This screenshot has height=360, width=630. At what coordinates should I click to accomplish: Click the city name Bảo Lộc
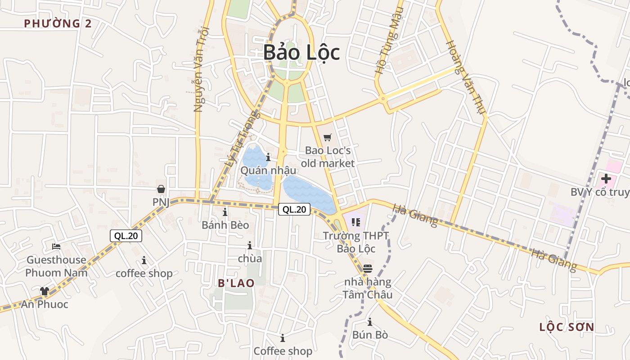point(301,52)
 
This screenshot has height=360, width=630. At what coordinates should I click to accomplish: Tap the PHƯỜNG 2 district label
point(58,23)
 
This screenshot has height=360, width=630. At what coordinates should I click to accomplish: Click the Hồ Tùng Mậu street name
point(387,40)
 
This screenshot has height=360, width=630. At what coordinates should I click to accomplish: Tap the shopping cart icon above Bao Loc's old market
point(328,137)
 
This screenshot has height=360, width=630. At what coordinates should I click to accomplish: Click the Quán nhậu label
point(268,171)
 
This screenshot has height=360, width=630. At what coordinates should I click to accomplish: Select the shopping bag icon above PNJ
point(161,189)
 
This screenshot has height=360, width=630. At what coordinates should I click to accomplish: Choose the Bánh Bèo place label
point(225,225)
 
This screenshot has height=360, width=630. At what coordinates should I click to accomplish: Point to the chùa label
point(250,259)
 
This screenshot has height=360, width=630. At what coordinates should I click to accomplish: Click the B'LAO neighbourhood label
point(236,283)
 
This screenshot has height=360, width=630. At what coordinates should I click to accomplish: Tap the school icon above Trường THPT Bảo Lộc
point(356,222)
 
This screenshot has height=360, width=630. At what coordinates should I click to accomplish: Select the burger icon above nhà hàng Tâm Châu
point(368,269)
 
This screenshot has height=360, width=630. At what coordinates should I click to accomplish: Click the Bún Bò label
point(370,335)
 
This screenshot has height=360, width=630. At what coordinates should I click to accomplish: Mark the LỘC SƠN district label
point(567,327)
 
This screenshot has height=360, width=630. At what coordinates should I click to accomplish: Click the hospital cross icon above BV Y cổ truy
point(606,179)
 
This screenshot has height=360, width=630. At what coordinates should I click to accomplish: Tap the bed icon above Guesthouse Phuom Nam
point(56,246)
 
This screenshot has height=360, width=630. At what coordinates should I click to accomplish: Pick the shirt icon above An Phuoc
point(44,291)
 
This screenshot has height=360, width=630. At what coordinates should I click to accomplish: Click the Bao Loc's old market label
point(328,157)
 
